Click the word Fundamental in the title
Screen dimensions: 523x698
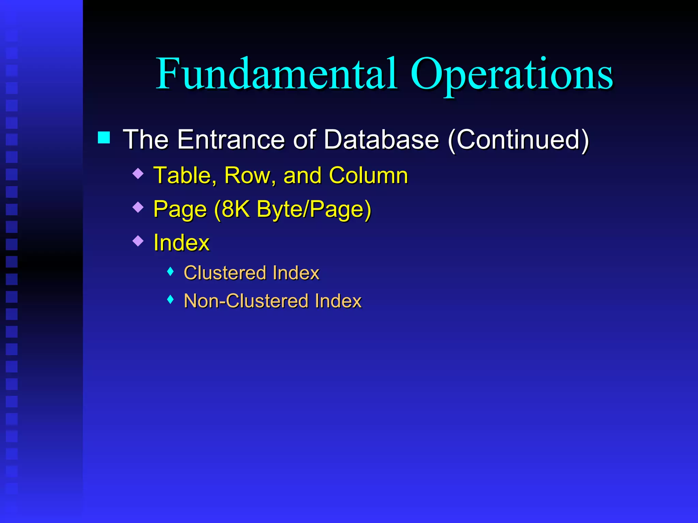coord(276,74)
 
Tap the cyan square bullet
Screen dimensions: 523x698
coord(104,138)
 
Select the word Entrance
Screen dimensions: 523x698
coord(231,139)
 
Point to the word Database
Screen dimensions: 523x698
coord(381,139)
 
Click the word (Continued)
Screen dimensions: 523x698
coord(518,140)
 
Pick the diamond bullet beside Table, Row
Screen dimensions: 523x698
coord(138,174)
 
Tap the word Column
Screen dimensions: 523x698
coord(368,176)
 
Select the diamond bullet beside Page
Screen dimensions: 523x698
coord(138,207)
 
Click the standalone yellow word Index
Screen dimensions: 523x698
coord(181,243)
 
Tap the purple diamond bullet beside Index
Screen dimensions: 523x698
coord(138,241)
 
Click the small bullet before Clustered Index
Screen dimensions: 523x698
coord(171,271)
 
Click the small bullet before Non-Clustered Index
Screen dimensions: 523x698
coord(171,300)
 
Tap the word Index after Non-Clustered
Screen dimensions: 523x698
coord(338,301)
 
